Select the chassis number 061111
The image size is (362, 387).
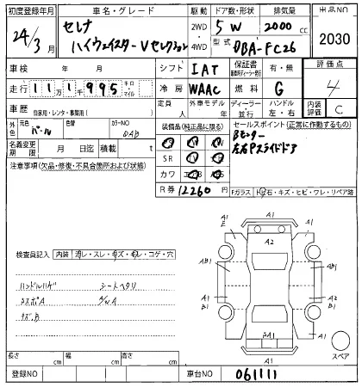(244, 374)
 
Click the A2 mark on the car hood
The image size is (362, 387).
(270, 243)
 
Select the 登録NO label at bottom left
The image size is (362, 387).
(22, 375)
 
